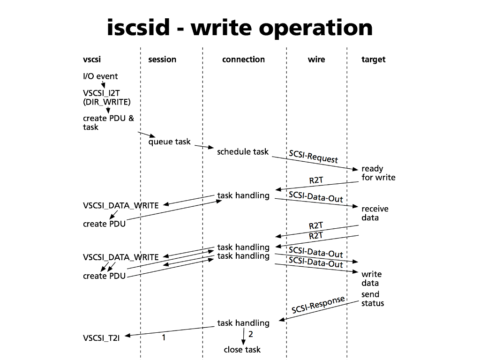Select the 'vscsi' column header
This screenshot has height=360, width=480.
[92, 60]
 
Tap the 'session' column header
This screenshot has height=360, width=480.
[162, 60]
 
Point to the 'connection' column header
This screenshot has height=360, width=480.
[243, 60]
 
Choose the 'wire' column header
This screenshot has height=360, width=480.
[316, 60]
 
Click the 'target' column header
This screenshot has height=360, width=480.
[374, 60]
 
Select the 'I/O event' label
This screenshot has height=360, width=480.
[100, 76]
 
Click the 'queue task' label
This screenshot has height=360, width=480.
[169, 142]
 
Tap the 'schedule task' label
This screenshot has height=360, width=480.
[243, 151]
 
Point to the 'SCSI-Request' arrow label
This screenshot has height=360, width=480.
[313, 156]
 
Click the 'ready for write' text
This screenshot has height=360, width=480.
[378, 173]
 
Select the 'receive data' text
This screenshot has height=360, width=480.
[375, 213]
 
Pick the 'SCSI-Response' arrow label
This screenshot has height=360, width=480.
[318, 305]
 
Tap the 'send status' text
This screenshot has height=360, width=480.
[372, 299]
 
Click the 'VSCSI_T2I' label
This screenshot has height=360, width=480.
[101, 337]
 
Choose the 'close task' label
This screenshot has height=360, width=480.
[242, 350]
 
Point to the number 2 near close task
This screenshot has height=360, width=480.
[251, 334]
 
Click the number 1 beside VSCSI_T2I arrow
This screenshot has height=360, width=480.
[164, 337]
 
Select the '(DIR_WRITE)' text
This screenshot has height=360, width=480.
[107, 102]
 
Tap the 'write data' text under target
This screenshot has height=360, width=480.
[371, 278]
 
